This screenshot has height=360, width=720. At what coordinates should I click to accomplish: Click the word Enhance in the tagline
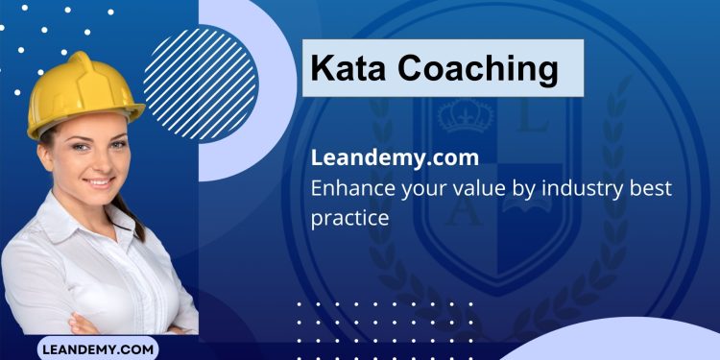point(353,188)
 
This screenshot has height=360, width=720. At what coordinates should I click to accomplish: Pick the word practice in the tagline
point(349,218)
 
